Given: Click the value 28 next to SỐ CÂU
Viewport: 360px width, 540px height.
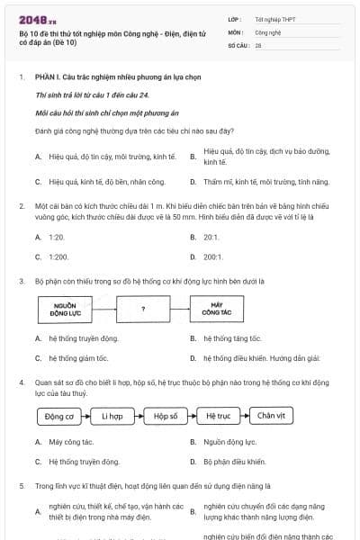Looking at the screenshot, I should point(258,44).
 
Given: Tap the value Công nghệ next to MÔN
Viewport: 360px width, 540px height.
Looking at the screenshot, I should point(268,31).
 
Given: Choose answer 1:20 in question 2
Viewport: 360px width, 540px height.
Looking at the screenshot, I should point(57,237).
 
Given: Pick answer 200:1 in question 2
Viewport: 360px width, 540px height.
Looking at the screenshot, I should point(212,256).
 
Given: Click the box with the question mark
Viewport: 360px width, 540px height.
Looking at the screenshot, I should point(143,310).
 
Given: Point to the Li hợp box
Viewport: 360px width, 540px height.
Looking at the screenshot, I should point(112,416).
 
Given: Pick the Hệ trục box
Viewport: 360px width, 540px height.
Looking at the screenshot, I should point(219,416).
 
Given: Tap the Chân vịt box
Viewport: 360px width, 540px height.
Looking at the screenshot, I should point(271,416).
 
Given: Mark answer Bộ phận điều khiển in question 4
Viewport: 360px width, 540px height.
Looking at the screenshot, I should point(234,462).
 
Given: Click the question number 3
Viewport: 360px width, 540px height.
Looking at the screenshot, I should point(21,282).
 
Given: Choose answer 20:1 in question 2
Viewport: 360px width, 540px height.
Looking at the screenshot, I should point(211,237).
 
